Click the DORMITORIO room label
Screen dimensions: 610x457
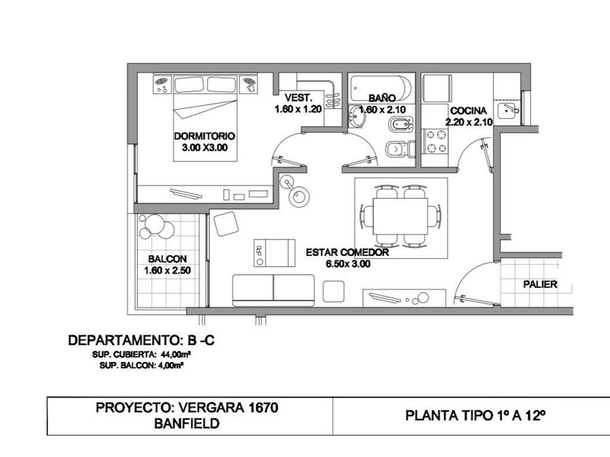coord(204,136)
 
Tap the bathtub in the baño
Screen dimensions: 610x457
coord(381,88)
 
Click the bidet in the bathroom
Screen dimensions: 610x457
coord(400,124)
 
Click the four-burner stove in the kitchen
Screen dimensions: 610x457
coord(436,141)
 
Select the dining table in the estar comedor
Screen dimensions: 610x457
coord(400,216)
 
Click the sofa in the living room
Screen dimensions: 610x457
coord(273,290)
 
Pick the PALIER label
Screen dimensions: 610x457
coord(540,284)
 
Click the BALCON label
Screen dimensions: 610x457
coord(167,259)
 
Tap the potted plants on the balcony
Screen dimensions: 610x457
coord(157,226)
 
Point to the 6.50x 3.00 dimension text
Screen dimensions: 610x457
coord(348,264)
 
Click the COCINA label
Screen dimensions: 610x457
coord(468,111)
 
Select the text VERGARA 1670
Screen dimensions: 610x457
coord(228,408)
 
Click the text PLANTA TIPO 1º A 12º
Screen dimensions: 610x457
coord(475,416)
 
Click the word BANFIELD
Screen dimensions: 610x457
coord(187,423)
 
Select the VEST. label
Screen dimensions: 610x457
coord(298,97)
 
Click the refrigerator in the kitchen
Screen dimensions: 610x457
coord(438,88)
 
